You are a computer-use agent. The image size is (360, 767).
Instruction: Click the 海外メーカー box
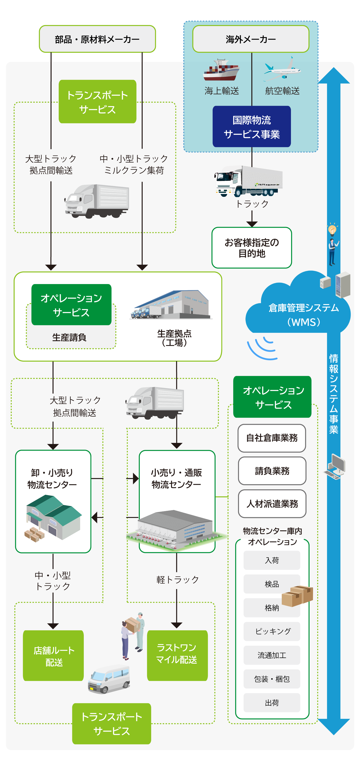(x=250, y=39)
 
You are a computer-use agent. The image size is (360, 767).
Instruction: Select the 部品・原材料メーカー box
(x=97, y=39)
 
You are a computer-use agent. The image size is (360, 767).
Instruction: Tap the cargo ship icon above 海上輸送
(x=221, y=71)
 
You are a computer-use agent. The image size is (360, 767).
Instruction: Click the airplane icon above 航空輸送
(x=282, y=70)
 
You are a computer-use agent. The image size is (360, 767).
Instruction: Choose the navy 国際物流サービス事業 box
(x=252, y=127)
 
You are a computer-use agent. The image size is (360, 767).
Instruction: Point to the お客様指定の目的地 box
(x=252, y=248)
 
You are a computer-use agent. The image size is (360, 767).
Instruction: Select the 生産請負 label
(x=69, y=337)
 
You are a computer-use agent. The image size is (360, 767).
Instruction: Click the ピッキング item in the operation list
(x=272, y=631)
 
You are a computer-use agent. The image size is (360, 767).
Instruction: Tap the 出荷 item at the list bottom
(x=272, y=703)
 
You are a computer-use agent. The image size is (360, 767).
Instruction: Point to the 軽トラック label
(x=177, y=579)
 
